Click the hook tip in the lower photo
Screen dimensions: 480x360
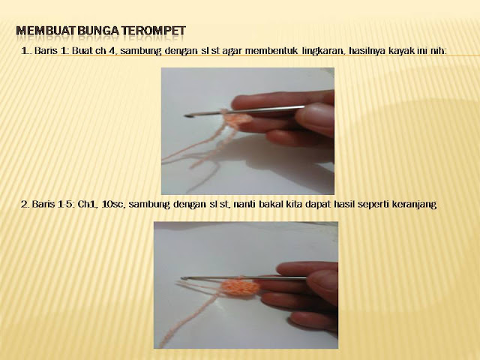[183, 278]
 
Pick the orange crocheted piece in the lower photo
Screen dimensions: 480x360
[241, 286]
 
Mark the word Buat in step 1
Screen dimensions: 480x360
[82, 50]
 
